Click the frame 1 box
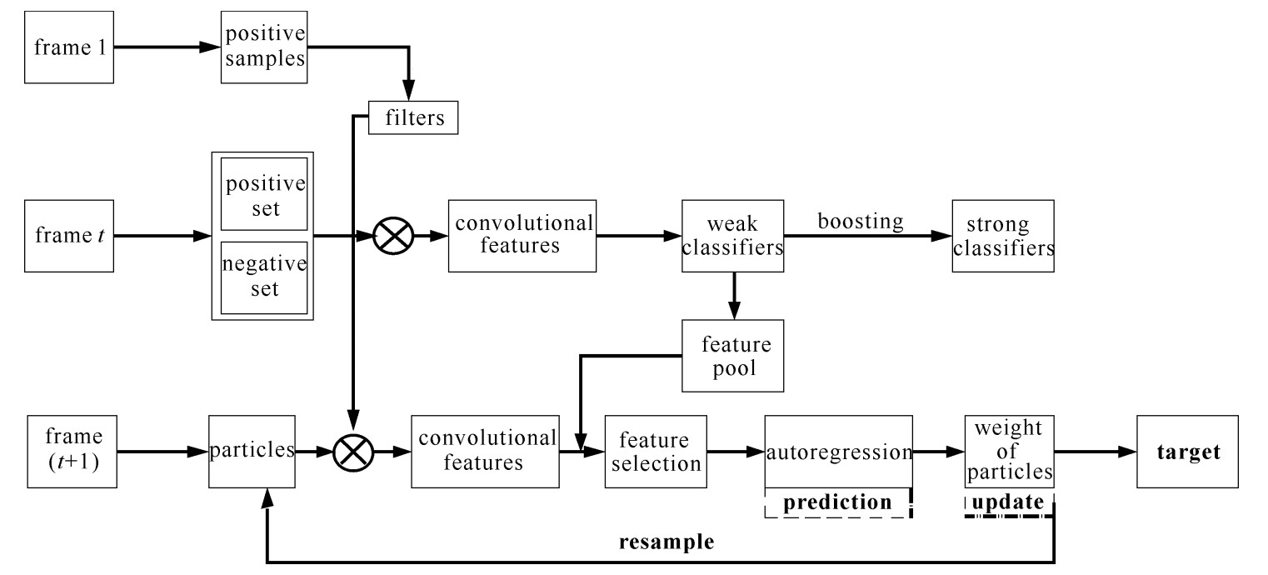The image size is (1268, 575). coord(68,47)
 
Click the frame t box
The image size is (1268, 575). coord(68,236)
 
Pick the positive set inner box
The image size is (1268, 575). coord(263,196)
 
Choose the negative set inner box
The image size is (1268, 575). coord(263,277)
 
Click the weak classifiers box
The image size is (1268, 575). coord(732,236)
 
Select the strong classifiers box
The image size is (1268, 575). coord(1003,236)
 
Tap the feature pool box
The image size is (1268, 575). coord(732,356)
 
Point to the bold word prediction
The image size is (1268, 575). coord(839,504)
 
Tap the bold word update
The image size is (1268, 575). coord(1010,504)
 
